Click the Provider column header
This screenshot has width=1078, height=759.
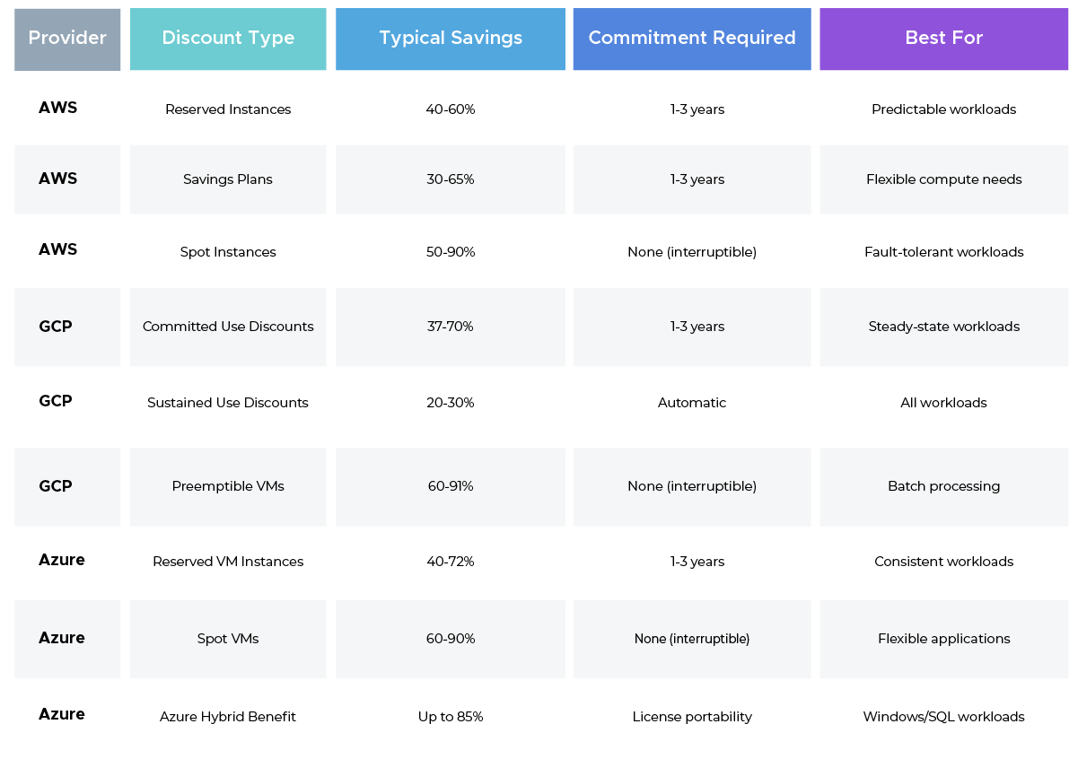[67, 39]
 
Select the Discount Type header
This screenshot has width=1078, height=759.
[228, 39]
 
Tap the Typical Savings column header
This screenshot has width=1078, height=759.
[451, 39]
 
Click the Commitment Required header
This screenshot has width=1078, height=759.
[692, 39]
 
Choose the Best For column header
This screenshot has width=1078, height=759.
[943, 39]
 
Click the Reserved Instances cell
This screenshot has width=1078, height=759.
[228, 109]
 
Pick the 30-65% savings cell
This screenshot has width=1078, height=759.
[451, 179]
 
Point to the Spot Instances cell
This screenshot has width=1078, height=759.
[228, 252]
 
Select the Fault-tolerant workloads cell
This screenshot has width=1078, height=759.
[943, 252]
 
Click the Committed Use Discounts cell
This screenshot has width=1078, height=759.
[228, 327]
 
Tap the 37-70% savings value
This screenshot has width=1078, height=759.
[451, 327]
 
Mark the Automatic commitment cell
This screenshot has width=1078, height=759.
[692, 403]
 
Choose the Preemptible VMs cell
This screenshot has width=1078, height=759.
[228, 486]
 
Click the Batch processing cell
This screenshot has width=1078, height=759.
[943, 486]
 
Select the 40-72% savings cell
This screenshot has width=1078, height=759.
[451, 562]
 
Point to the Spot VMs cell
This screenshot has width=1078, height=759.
[228, 639]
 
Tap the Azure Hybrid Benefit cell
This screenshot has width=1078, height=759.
[228, 717]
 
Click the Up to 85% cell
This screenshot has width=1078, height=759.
[451, 717]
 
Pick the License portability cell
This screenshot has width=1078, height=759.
[692, 717]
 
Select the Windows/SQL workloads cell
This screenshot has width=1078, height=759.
[943, 717]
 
